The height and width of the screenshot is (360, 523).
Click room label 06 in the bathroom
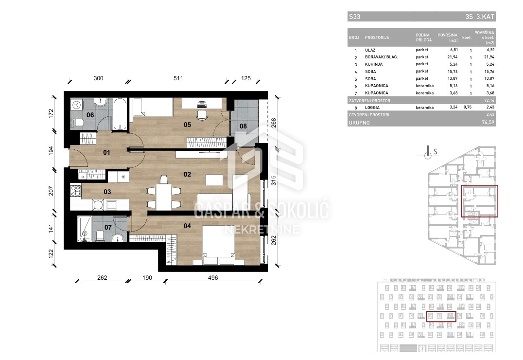tap(90, 115)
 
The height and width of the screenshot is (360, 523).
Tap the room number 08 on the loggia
tap(243, 126)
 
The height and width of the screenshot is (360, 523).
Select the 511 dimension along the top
tap(178, 78)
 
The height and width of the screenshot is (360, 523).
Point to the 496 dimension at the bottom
tap(213, 277)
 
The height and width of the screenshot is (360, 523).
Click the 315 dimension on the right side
tap(274, 180)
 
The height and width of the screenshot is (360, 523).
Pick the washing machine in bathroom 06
tap(77, 105)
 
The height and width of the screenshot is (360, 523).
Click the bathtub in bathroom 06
tap(120, 114)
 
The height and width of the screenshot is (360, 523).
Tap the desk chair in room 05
tap(201, 114)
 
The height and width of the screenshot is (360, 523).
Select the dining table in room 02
tap(163, 197)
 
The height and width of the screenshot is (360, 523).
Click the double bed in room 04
tap(218, 246)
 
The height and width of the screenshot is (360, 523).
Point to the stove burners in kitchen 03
tap(75, 190)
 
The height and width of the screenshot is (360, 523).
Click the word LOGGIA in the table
tap(372, 108)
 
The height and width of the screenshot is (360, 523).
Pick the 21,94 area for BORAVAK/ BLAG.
tap(453, 57)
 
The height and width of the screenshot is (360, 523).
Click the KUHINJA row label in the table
tap(374, 64)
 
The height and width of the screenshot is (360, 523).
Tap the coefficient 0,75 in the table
tap(467, 107)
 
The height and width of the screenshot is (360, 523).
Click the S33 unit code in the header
tap(354, 17)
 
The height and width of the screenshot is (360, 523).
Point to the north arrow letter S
tap(436, 152)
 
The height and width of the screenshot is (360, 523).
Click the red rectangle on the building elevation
tap(441, 316)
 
